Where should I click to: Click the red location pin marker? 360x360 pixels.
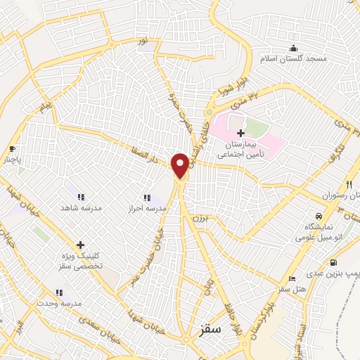[181, 165]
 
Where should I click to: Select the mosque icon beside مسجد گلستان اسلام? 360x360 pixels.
[292, 48]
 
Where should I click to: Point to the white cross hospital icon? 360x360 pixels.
[240, 133]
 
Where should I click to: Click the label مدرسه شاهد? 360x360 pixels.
[80, 209]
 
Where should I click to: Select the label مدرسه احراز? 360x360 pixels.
[146, 210]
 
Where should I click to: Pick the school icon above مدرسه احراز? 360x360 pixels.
[147, 198]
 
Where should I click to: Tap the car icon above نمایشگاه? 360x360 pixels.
[319, 215]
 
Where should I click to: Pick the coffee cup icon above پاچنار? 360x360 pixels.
[12, 148]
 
